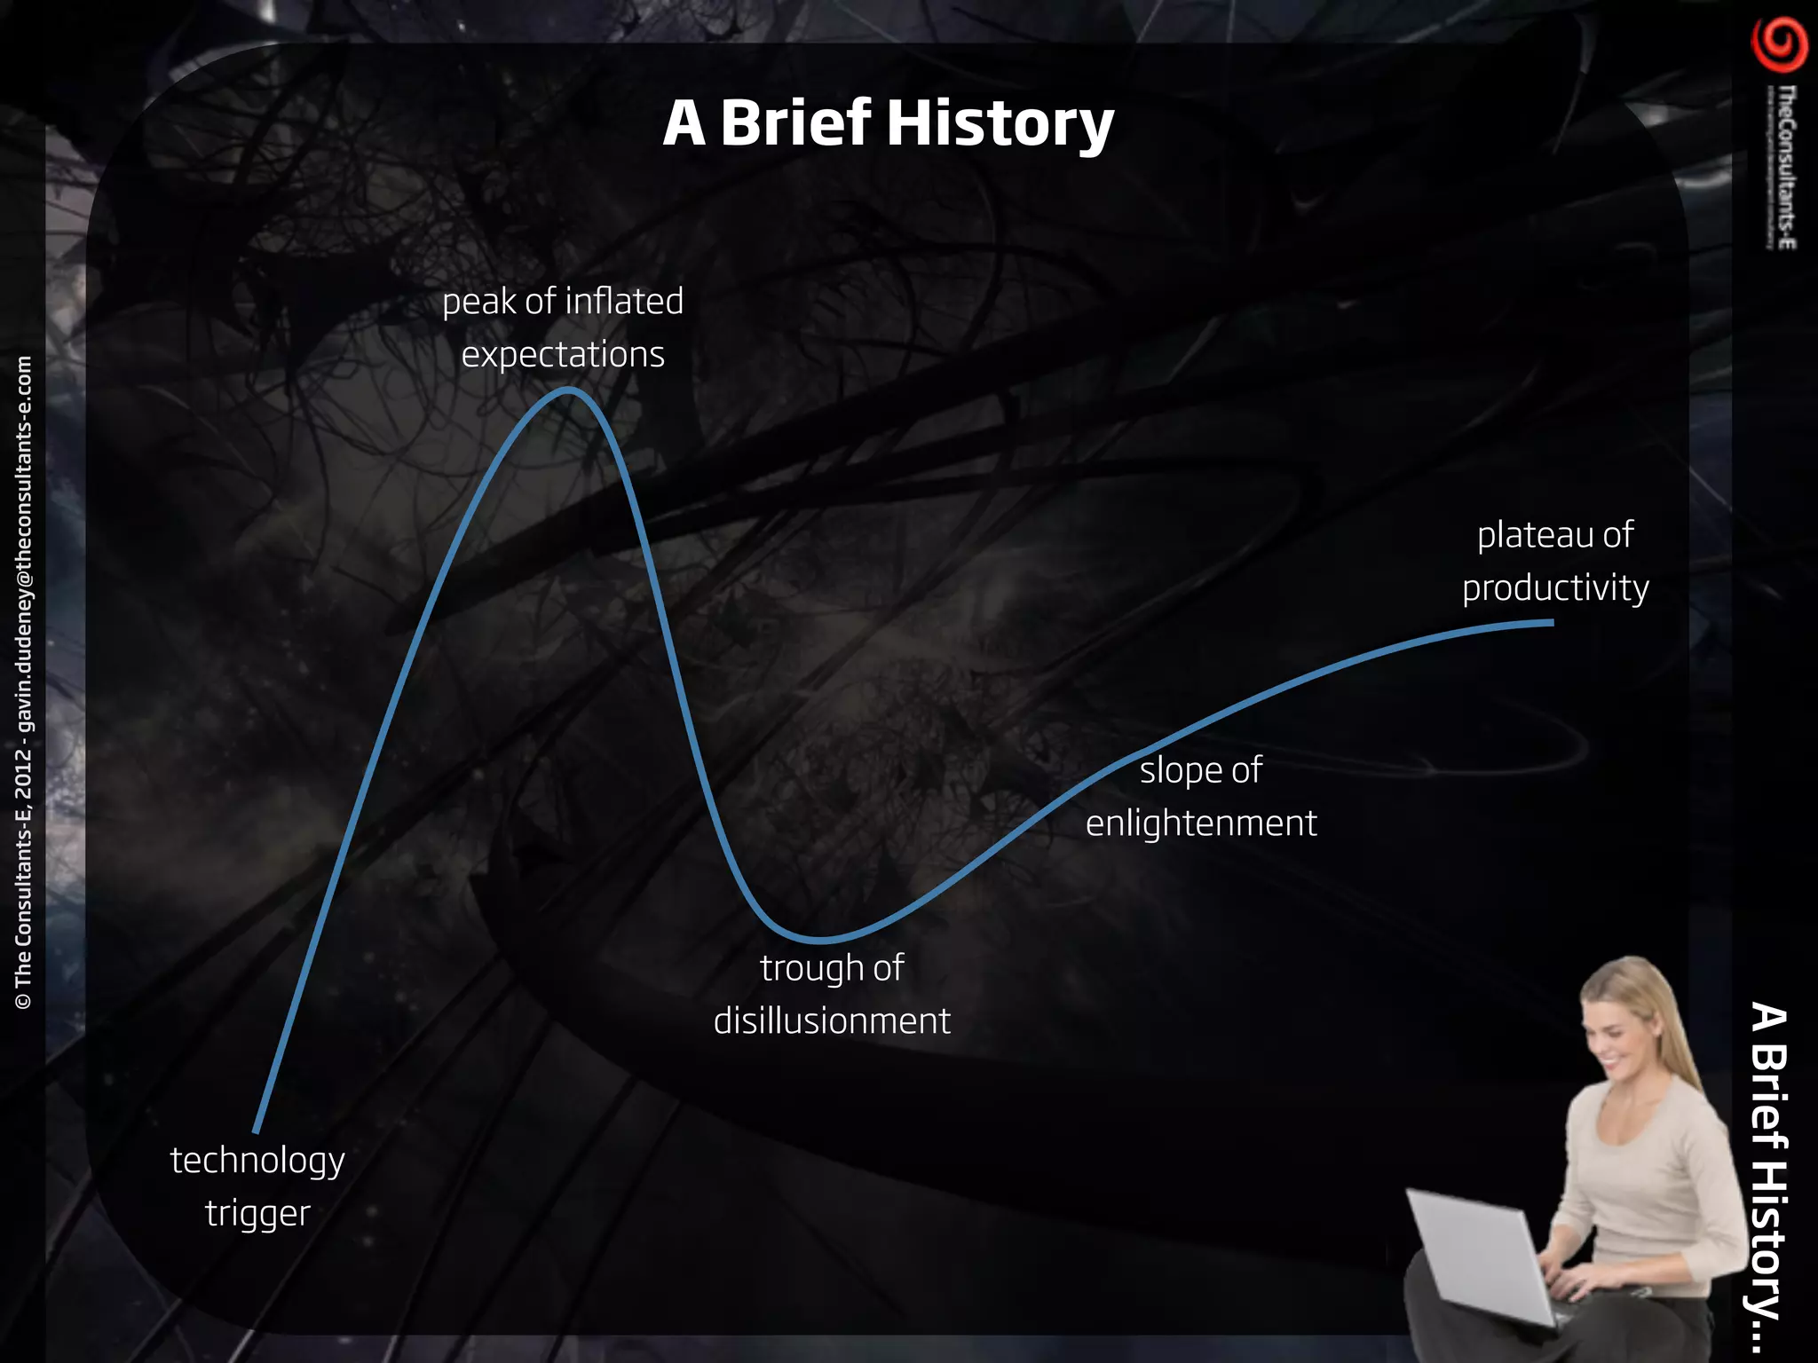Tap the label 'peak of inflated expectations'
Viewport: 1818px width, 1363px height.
563,327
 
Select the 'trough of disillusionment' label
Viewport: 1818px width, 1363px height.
832,994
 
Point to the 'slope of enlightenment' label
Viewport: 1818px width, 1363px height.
1201,796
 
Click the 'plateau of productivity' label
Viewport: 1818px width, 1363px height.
1555,561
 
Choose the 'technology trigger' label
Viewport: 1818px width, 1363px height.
257,1186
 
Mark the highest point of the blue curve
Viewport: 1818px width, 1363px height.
568,390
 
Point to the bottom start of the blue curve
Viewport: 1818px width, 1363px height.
256,1131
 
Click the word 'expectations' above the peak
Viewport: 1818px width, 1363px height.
563,354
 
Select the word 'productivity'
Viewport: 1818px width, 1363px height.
1555,587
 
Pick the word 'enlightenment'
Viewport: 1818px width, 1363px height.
1201,823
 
